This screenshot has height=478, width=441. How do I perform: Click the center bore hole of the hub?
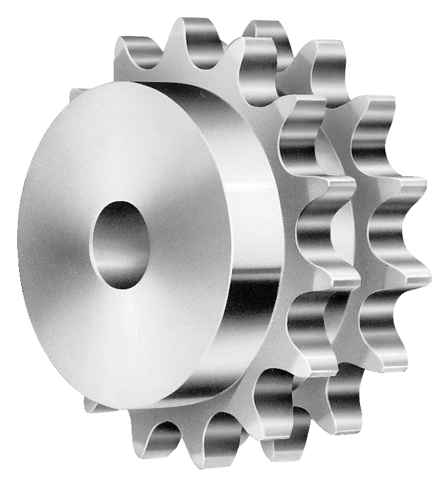[x=120, y=245]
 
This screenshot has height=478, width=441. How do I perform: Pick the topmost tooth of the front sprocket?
[x=197, y=33]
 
